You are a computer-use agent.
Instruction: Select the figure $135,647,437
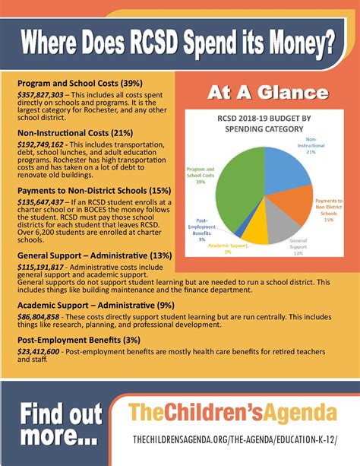click(43, 204)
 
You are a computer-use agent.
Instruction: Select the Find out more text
click(61, 425)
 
